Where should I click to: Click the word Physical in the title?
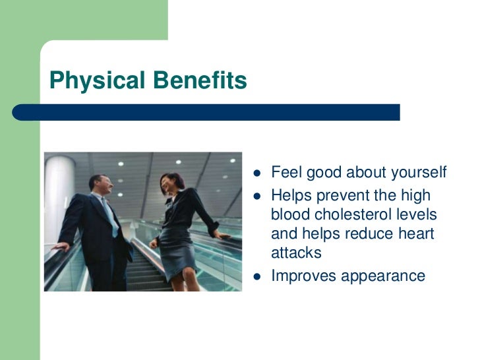(x=98, y=80)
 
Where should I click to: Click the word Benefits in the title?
(x=200, y=80)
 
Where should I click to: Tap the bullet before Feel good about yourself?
(x=257, y=173)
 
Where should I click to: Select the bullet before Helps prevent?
(x=257, y=196)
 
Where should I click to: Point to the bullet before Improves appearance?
(x=257, y=277)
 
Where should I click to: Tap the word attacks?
(x=296, y=253)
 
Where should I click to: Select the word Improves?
(x=304, y=276)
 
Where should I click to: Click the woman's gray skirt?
(x=177, y=252)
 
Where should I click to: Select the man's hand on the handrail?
(x=61, y=247)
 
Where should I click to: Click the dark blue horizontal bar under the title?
(x=206, y=112)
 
